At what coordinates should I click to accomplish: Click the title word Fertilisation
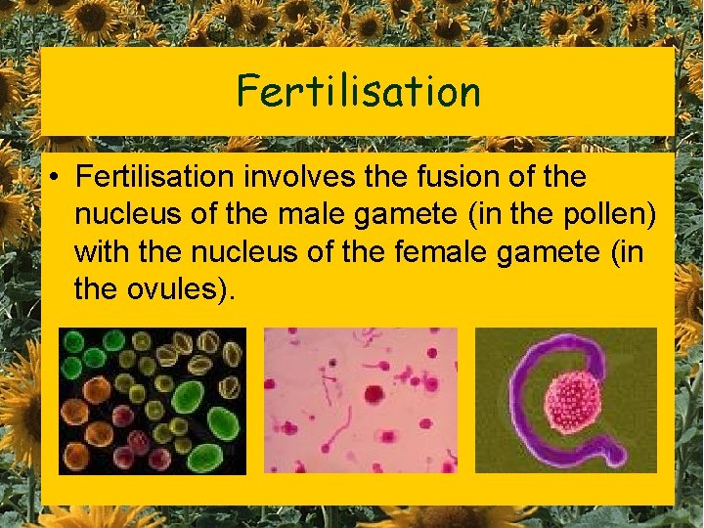coord(358,91)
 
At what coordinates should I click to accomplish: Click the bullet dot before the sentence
coord(59,177)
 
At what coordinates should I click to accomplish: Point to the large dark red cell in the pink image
coord(374,394)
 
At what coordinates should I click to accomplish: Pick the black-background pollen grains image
coord(153,401)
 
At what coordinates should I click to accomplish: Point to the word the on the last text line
coord(96,288)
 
